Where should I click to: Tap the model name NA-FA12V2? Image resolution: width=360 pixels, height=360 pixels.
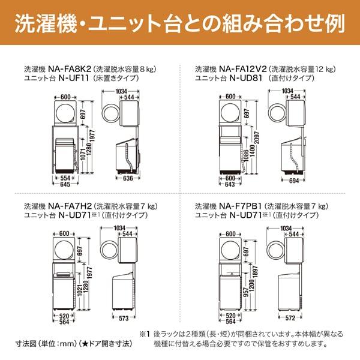coord(243,69)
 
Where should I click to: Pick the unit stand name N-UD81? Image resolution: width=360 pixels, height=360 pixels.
coord(235,78)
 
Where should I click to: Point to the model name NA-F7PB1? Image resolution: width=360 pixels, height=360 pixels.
coord(242,206)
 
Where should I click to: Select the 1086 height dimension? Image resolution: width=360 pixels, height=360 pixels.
coord(248,160)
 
